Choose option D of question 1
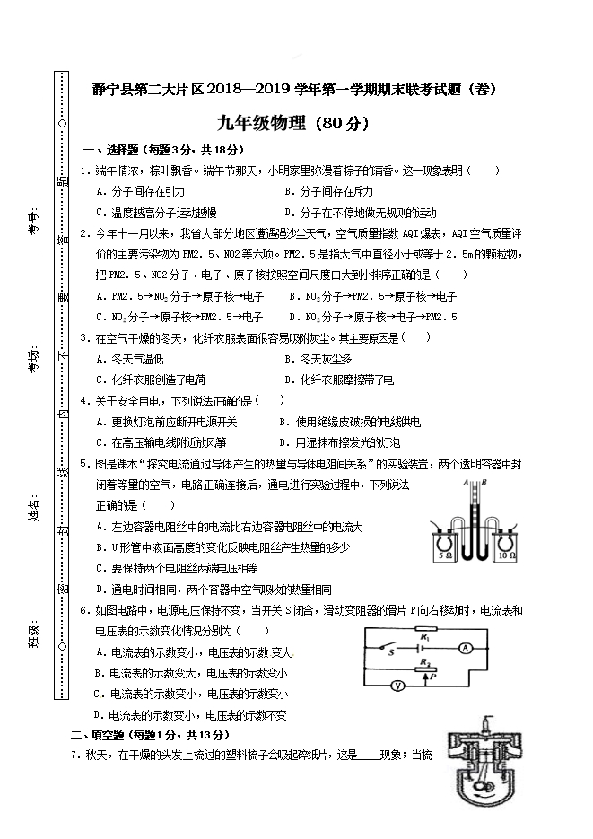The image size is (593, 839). click(360, 213)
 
